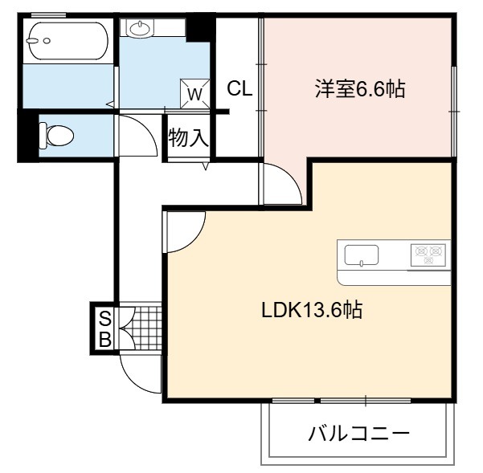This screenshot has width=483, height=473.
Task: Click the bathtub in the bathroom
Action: pyautogui.click(x=68, y=41)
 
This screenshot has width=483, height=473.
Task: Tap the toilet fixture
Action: pyautogui.click(x=57, y=136)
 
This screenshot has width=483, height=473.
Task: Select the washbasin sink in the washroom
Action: pyautogui.click(x=140, y=28)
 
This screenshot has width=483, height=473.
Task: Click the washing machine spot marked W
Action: pyautogui.click(x=195, y=94)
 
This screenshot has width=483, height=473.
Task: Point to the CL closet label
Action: pyautogui.click(x=239, y=88)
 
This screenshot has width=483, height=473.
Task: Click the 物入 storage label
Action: pyautogui.click(x=188, y=137)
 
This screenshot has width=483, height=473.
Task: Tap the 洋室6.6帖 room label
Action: pyautogui.click(x=360, y=88)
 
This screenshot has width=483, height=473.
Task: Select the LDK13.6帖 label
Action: pyautogui.click(x=312, y=310)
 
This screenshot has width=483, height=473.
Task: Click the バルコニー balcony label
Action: pyautogui.click(x=359, y=434)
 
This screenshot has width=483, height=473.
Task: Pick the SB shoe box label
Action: pyautogui.click(x=105, y=329)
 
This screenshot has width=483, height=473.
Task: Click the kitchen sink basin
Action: pyautogui.click(x=362, y=255)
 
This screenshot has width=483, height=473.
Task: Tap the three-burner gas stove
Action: pyautogui.click(x=428, y=255)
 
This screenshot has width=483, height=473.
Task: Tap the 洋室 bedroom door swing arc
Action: pyautogui.click(x=292, y=177)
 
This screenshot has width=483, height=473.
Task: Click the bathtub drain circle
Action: pyautogui.click(x=47, y=41)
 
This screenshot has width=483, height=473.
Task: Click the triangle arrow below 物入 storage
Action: pyautogui.click(x=206, y=166)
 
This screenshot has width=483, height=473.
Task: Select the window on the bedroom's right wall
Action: pyautogui.click(x=454, y=112)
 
